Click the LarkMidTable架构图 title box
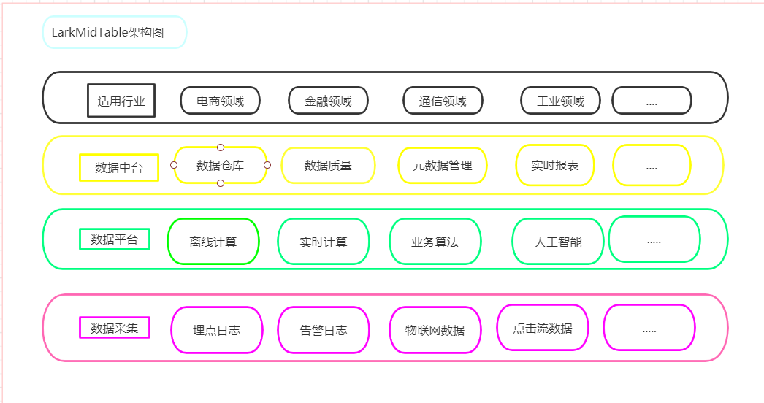[x=115, y=32]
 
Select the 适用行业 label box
[x=121, y=101]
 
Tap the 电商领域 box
[x=220, y=101]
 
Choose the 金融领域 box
[x=328, y=101]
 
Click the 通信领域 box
[x=443, y=101]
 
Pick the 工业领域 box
[x=560, y=101]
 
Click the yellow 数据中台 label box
[x=118, y=167]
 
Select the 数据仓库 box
[x=220, y=166]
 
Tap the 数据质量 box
[x=328, y=166]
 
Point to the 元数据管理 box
[x=443, y=166]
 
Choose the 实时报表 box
[x=555, y=166]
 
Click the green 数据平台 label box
[x=114, y=239]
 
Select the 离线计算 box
[x=213, y=242]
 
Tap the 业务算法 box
[x=435, y=242]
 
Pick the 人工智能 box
[x=558, y=242]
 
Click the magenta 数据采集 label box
[x=114, y=328]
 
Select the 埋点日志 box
[x=216, y=330]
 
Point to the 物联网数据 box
[x=435, y=330]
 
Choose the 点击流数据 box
[x=542, y=328]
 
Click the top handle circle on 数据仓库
[x=221, y=147]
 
